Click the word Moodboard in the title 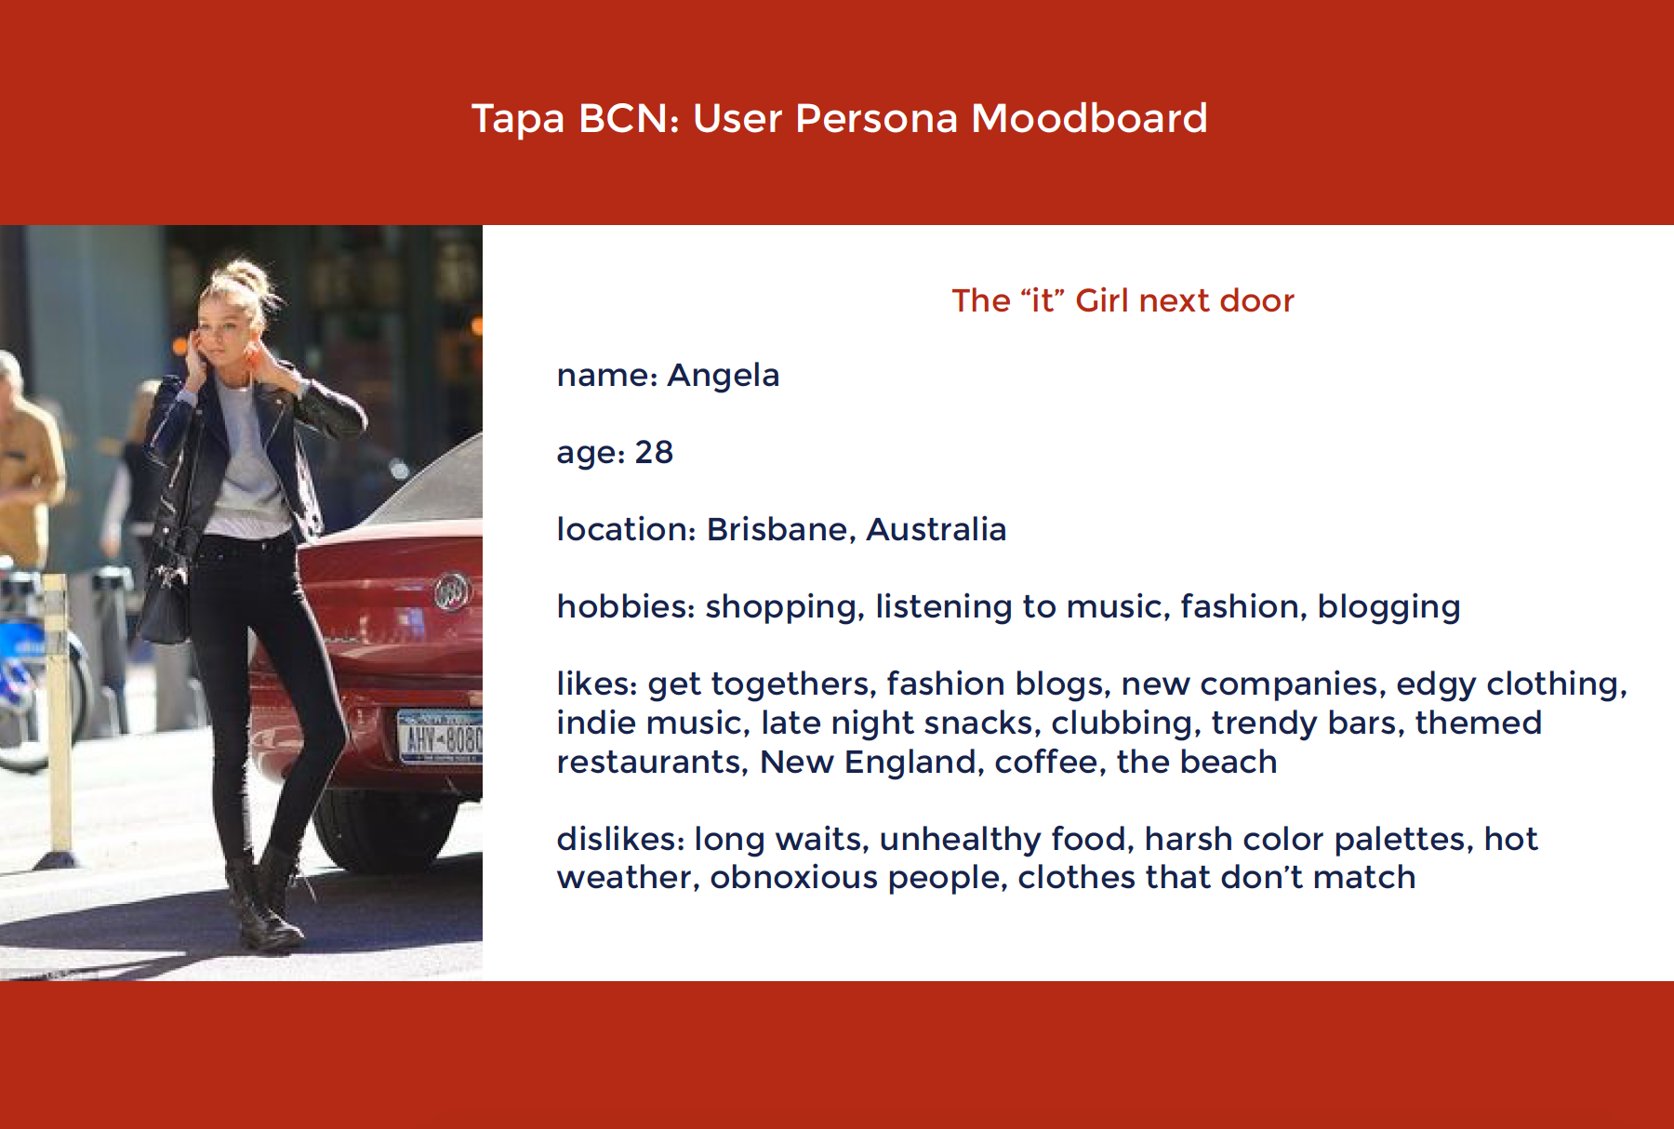click(x=1089, y=119)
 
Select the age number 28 click(x=654, y=453)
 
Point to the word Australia click(x=937, y=529)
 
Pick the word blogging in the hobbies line click(x=1389, y=608)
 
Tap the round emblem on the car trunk click(x=453, y=591)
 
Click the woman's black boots click(x=262, y=902)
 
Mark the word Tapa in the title click(x=518, y=119)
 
